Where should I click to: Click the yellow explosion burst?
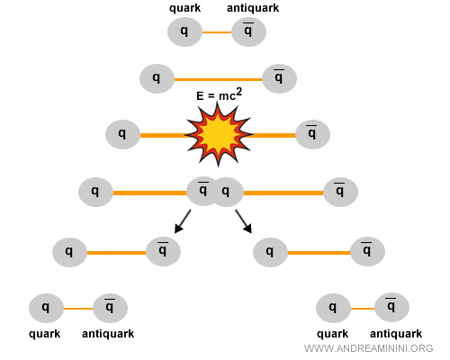click(220, 133)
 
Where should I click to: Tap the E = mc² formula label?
click(219, 95)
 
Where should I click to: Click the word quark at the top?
click(184, 8)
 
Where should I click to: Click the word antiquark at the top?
click(253, 8)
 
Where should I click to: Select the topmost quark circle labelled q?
click(184, 31)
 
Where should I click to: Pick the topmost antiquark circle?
click(249, 31)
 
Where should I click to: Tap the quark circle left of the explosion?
click(122, 135)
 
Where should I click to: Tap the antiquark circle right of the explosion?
click(312, 135)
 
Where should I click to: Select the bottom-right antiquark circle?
click(391, 309)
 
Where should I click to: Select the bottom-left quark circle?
click(46, 308)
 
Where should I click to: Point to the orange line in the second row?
click(218, 78)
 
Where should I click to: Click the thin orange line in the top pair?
click(217, 32)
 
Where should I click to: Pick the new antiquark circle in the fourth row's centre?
click(203, 190)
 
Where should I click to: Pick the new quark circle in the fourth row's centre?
click(227, 191)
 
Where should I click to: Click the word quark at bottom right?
click(332, 334)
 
